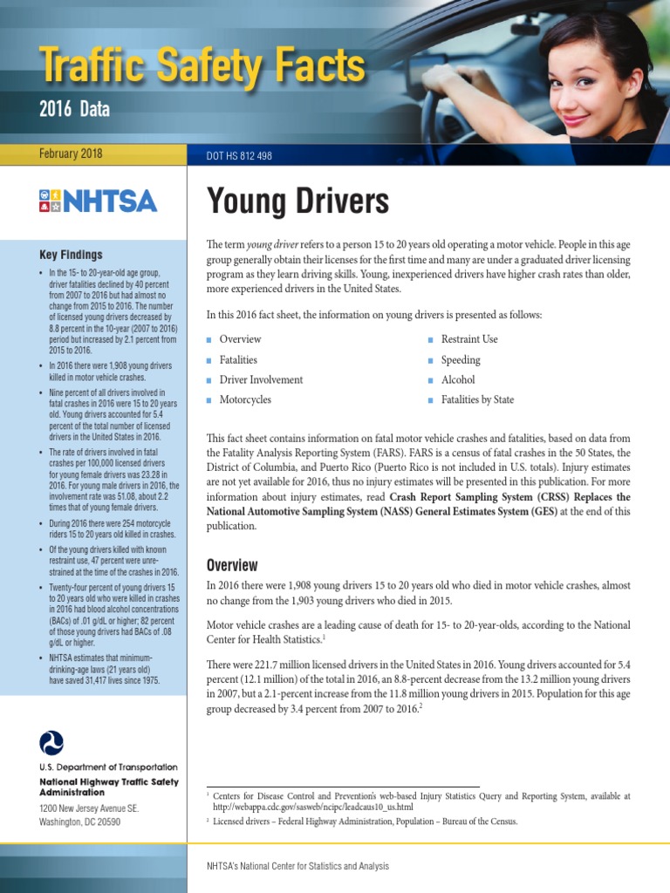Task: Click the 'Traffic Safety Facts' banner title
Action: click(202, 66)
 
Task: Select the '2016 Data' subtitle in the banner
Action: click(75, 109)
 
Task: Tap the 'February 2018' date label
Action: click(71, 154)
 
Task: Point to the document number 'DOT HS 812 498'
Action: click(239, 156)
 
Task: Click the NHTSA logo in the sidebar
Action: click(98, 201)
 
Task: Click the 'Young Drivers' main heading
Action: click(297, 201)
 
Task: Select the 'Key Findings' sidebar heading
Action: click(71, 255)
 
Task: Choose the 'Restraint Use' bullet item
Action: click(469, 339)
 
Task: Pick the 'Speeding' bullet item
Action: click(461, 360)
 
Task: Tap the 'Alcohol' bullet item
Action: click(458, 380)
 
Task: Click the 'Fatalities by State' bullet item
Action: click(477, 400)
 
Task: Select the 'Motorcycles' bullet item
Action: click(245, 400)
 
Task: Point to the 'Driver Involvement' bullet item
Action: click(261, 380)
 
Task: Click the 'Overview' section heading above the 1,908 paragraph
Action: click(232, 565)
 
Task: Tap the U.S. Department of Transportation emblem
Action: click(51, 743)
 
